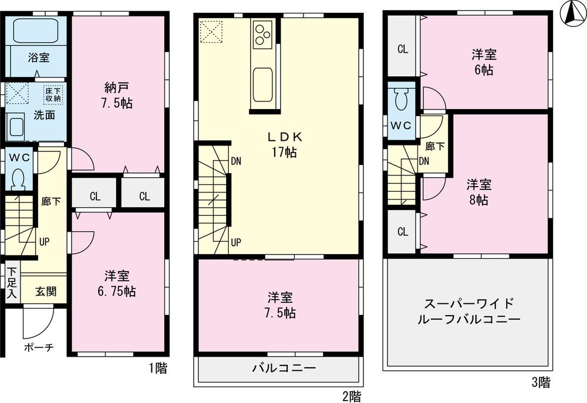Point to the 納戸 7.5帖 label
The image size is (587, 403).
point(118,96)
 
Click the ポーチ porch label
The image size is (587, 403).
point(39,347)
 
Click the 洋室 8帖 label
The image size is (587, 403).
point(479,192)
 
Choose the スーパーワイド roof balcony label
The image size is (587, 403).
point(469,312)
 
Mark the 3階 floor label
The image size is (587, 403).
point(541,384)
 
